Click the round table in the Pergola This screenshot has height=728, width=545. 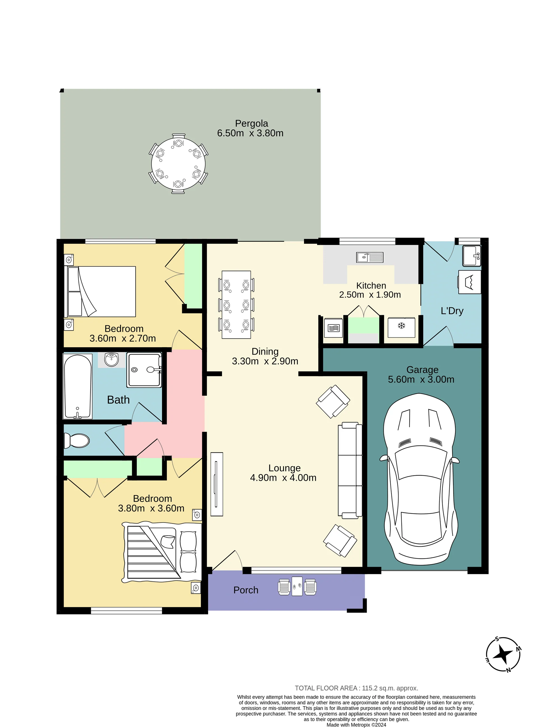coord(178,164)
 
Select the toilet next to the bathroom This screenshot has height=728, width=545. coord(77,440)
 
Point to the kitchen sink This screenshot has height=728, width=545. coord(370,257)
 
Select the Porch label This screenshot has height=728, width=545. coord(246,590)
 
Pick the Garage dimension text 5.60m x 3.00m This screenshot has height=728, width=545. coord(421,379)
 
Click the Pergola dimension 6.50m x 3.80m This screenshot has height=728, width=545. coord(250,133)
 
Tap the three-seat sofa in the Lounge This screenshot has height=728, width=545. coord(350,471)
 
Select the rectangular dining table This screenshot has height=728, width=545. coord(236,304)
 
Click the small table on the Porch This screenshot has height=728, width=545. coord(297,586)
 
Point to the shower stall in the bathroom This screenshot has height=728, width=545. coord(144,370)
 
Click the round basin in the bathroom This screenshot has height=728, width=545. coord(112,360)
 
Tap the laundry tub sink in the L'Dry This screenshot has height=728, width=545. coord(472,255)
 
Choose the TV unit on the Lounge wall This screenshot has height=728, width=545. coord(217,484)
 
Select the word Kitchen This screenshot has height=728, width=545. coord(371,286)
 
